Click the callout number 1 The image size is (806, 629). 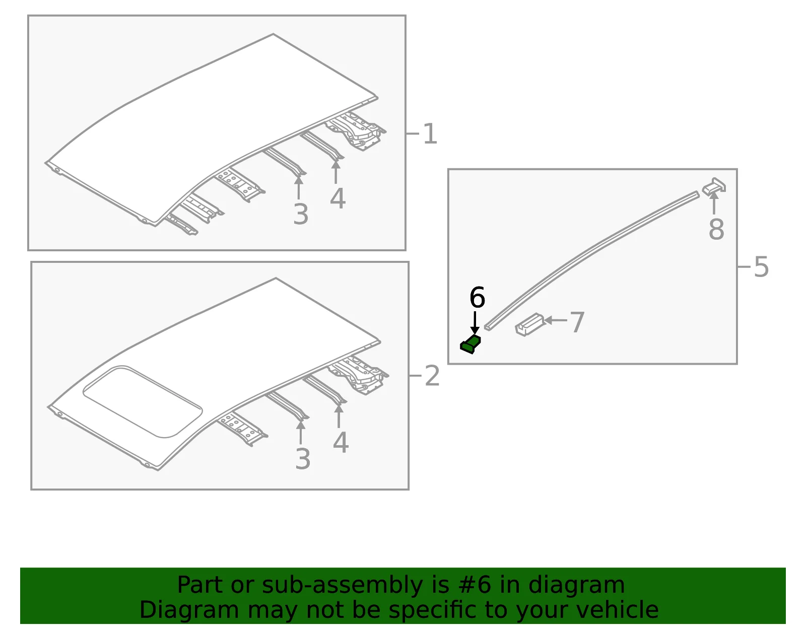tap(430, 134)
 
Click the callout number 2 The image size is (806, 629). tap(432, 376)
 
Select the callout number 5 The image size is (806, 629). tap(762, 267)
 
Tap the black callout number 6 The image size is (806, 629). tap(477, 297)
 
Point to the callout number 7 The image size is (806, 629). tap(577, 322)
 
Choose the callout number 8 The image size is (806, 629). tap(716, 229)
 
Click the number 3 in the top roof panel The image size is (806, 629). tap(301, 214)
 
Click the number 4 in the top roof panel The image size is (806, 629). tap(338, 198)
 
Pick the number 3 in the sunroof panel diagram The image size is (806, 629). tap(303, 459)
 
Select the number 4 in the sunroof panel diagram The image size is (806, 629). tap(341, 442)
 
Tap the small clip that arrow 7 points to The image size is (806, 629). tap(529, 325)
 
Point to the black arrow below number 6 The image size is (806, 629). tap(475, 323)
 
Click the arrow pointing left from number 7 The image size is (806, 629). tap(556, 320)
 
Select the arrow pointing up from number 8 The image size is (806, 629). tap(714, 203)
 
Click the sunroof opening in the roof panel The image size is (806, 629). tap(143, 402)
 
